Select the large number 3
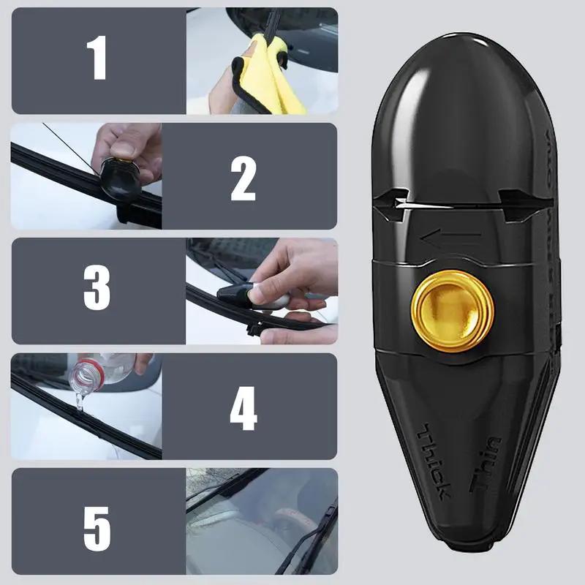(x=97, y=290)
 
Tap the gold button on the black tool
(x=452, y=311)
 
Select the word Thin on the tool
(x=487, y=464)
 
